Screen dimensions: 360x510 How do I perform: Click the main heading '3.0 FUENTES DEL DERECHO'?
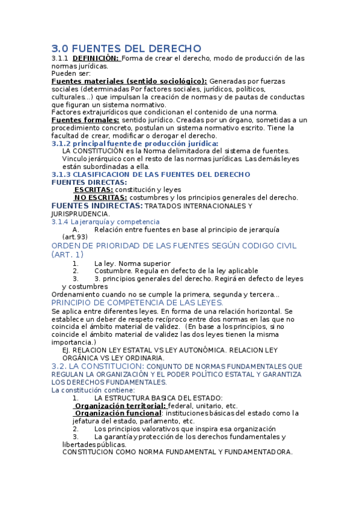click(x=126, y=48)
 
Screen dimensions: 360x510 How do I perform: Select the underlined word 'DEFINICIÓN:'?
click(x=96, y=58)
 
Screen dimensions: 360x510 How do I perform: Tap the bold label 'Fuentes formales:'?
click(x=85, y=120)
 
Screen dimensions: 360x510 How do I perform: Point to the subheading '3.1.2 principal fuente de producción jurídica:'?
click(x=135, y=143)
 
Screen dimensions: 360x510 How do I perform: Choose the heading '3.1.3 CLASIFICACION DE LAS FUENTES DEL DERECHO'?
click(x=150, y=174)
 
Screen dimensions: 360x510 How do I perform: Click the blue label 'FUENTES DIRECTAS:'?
click(x=89, y=182)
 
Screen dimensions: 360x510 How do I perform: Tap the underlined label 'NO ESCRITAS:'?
click(x=100, y=197)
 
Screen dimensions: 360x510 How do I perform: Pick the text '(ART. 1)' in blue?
click(x=67, y=254)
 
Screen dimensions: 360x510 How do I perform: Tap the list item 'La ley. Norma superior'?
click(x=132, y=263)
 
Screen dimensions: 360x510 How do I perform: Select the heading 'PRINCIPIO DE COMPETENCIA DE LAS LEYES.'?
click(x=138, y=303)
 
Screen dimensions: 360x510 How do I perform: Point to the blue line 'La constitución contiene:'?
click(x=93, y=390)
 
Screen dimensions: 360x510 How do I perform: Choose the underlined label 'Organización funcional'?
click(x=118, y=413)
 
